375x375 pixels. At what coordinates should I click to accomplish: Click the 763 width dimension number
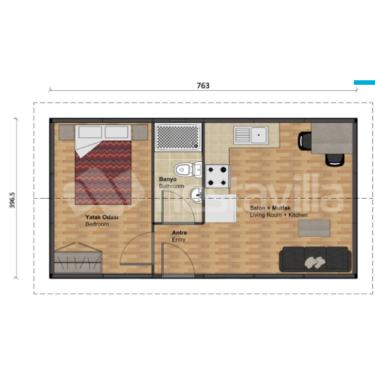(203, 86)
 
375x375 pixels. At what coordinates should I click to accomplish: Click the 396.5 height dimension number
(12, 200)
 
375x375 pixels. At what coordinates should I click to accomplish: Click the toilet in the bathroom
(188, 170)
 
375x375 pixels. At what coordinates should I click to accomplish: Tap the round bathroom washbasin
(197, 195)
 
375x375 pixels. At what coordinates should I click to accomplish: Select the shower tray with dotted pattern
(178, 137)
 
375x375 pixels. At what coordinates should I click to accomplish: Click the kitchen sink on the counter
(251, 135)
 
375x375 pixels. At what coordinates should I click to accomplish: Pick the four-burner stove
(217, 176)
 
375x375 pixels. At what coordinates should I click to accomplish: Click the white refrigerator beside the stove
(221, 209)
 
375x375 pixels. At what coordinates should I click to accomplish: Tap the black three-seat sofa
(315, 259)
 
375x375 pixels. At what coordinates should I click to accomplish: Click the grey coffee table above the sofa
(314, 228)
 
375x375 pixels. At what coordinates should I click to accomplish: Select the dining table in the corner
(332, 138)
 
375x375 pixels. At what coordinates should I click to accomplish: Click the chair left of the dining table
(305, 141)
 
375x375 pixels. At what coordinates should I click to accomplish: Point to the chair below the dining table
(335, 160)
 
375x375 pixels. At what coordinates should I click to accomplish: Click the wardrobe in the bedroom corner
(78, 259)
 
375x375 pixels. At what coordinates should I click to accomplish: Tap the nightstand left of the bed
(66, 132)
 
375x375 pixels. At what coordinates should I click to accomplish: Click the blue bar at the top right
(364, 82)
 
